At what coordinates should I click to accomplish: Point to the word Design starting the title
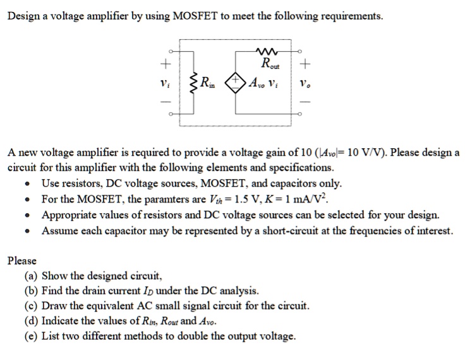tap(23, 15)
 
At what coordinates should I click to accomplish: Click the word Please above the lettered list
tap(21, 260)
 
